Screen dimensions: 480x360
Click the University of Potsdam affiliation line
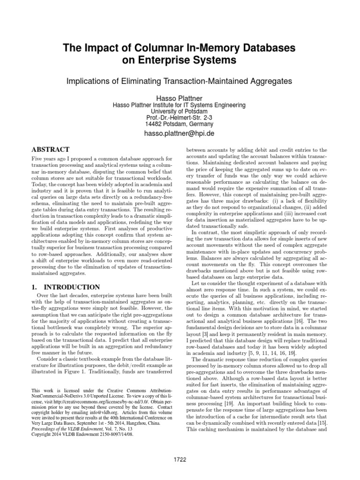tap(180, 111)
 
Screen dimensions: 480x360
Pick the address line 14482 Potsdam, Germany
tap(180, 124)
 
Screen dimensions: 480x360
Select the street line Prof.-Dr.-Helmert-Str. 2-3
tap(180, 118)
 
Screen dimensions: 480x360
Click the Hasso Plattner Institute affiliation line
tap(180, 104)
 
